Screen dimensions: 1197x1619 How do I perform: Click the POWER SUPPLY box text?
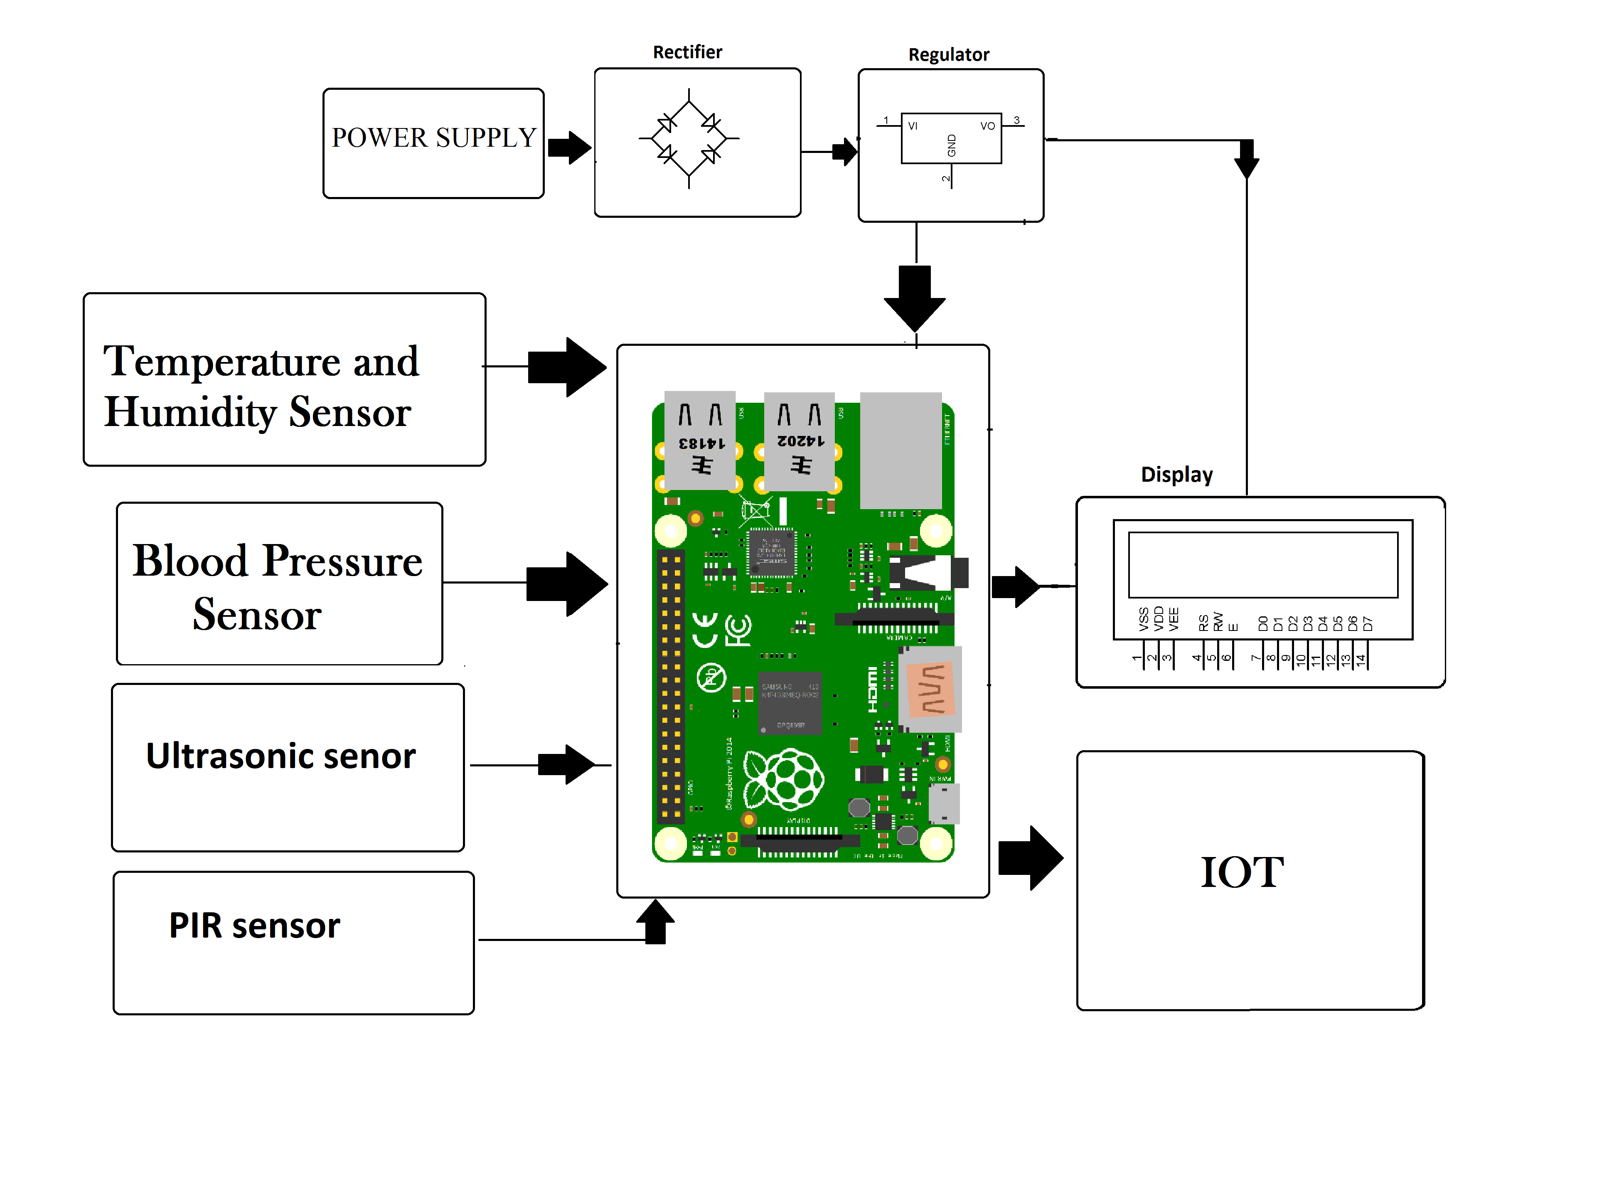[433, 138]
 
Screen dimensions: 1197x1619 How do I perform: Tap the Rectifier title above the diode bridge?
[687, 52]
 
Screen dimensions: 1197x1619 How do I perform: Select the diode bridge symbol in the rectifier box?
[688, 138]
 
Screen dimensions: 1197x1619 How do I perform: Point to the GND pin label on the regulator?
[952, 145]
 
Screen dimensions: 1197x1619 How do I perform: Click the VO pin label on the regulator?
[987, 126]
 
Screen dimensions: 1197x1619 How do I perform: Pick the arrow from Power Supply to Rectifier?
[569, 148]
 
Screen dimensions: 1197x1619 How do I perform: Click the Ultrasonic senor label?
[280, 756]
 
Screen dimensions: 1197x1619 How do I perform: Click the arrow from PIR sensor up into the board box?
[656, 922]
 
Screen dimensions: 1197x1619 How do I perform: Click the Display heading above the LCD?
[1176, 475]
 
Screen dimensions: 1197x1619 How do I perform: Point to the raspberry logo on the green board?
[785, 780]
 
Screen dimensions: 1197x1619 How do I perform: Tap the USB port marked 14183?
[700, 441]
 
